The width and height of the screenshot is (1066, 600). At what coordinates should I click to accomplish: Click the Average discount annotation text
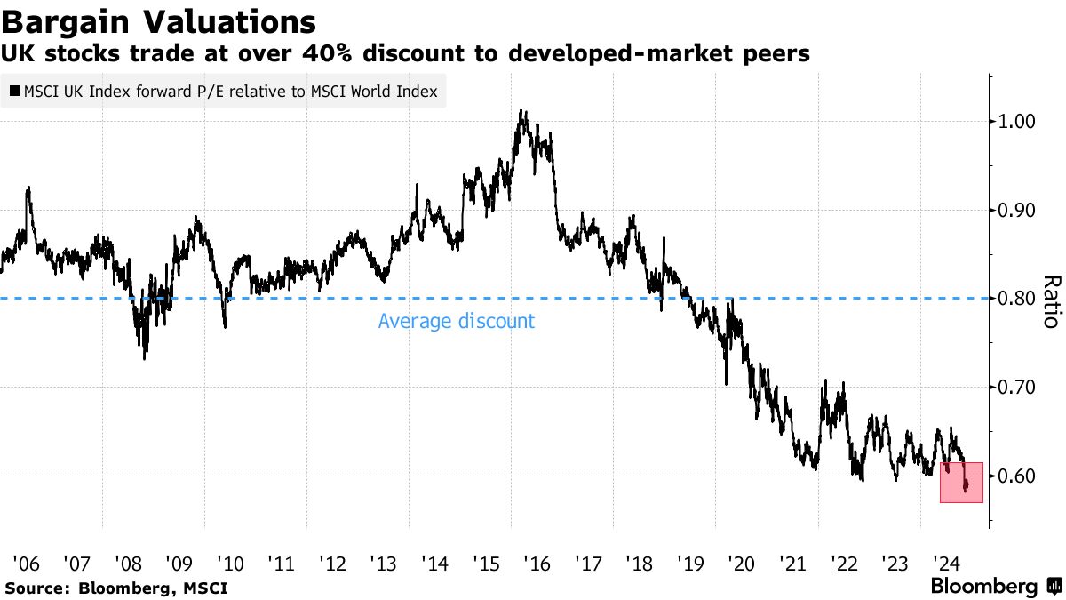(x=457, y=321)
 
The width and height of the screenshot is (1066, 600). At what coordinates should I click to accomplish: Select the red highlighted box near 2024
(x=961, y=483)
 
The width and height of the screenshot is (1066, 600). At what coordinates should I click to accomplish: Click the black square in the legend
(x=15, y=92)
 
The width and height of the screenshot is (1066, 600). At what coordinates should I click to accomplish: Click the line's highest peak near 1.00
(x=522, y=112)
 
